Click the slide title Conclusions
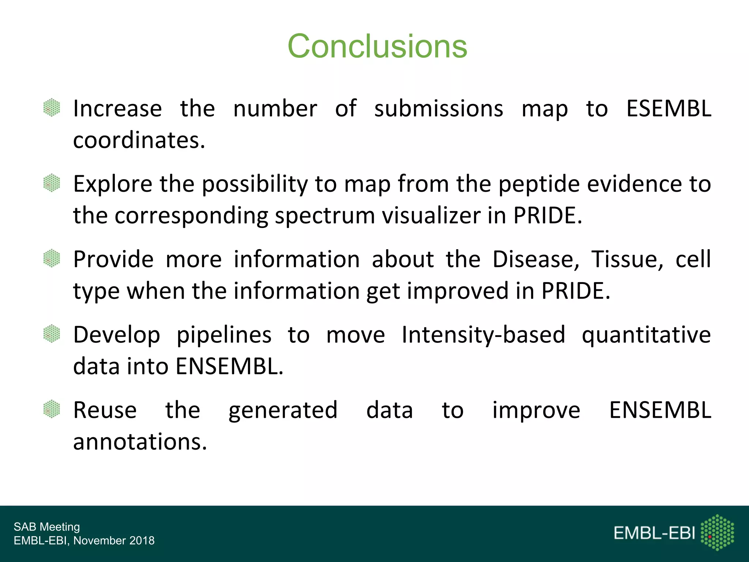coord(377,46)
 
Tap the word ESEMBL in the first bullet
coord(669,109)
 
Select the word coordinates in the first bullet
coord(139,140)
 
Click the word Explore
coord(113,184)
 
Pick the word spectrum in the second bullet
coord(325,216)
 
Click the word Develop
coord(117,335)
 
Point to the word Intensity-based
coord(483,335)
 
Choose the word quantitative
coord(646,335)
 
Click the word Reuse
coord(105,410)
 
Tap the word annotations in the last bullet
coord(140,442)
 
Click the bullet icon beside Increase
coord(52,108)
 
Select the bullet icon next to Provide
coord(52,258)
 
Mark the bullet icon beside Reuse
coord(52,409)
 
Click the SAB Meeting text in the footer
coord(47,527)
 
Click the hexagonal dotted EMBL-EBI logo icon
coord(717,532)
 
